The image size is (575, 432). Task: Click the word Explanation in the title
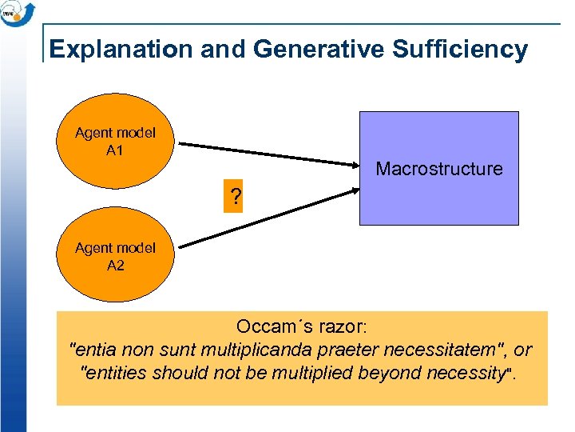pos(120,50)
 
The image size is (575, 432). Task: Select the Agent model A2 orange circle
pos(116,257)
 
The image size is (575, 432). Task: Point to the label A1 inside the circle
pos(115,150)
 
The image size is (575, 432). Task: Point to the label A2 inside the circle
pos(115,266)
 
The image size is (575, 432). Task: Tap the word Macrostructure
pos(438,169)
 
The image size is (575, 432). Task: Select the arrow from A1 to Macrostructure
pos(268,155)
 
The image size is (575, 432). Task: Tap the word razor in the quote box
pos(339,327)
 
